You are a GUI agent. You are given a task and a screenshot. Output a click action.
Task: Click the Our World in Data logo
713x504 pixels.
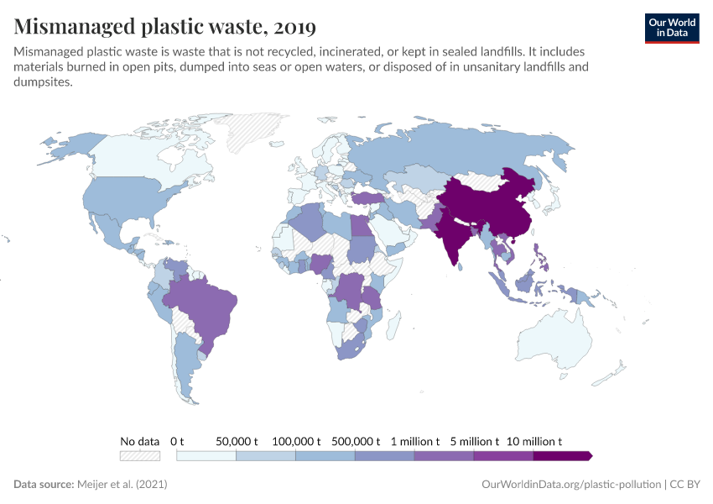(671, 28)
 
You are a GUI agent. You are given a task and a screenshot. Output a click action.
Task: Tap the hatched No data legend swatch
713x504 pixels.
(140, 455)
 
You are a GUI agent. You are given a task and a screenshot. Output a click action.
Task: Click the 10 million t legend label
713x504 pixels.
(534, 441)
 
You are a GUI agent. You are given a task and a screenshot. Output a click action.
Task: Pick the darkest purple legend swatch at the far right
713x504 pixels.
(562, 455)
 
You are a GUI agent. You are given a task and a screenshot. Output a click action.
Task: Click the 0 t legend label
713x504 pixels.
(177, 441)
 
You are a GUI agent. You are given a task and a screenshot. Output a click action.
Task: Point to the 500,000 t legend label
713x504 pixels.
(356, 441)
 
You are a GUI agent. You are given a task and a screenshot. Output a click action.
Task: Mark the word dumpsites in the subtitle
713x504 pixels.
(44, 82)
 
